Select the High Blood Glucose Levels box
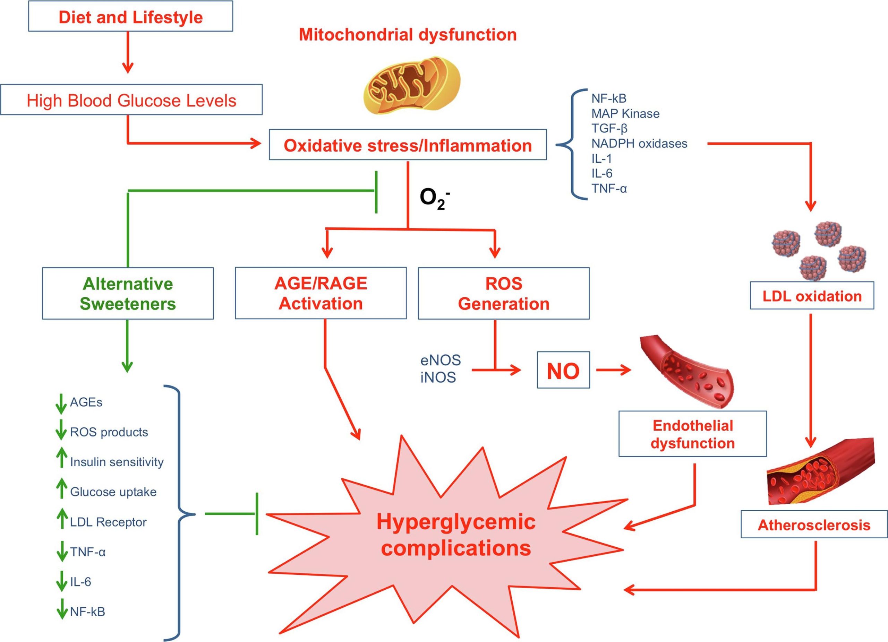(131, 100)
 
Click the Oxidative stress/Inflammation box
(408, 145)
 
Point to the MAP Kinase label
(625, 114)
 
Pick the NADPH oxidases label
(639, 144)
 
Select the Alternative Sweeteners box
(128, 293)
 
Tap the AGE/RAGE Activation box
(321, 293)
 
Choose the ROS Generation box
(504, 293)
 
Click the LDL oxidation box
(812, 296)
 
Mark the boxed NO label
(563, 370)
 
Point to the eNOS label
(441, 360)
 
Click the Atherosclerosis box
(814, 524)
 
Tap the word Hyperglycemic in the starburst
(456, 522)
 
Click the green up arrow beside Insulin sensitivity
(61, 458)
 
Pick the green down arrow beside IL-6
(61, 581)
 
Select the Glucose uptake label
(113, 492)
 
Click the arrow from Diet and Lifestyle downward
(128, 52)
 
